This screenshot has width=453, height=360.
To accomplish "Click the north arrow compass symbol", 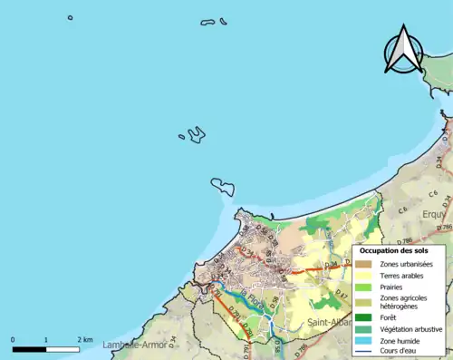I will point(403,50).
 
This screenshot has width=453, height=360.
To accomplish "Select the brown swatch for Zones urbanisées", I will point(366,264).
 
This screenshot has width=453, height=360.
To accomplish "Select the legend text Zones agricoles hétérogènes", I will point(404,302).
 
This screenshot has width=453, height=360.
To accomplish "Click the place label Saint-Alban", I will point(327,322).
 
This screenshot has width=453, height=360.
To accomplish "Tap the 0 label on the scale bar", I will point(14,339).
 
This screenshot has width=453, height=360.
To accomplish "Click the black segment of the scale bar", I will point(30,348).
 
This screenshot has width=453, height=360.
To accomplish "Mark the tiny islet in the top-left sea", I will point(70,17).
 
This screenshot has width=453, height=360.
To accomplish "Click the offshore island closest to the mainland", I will point(223,186).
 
